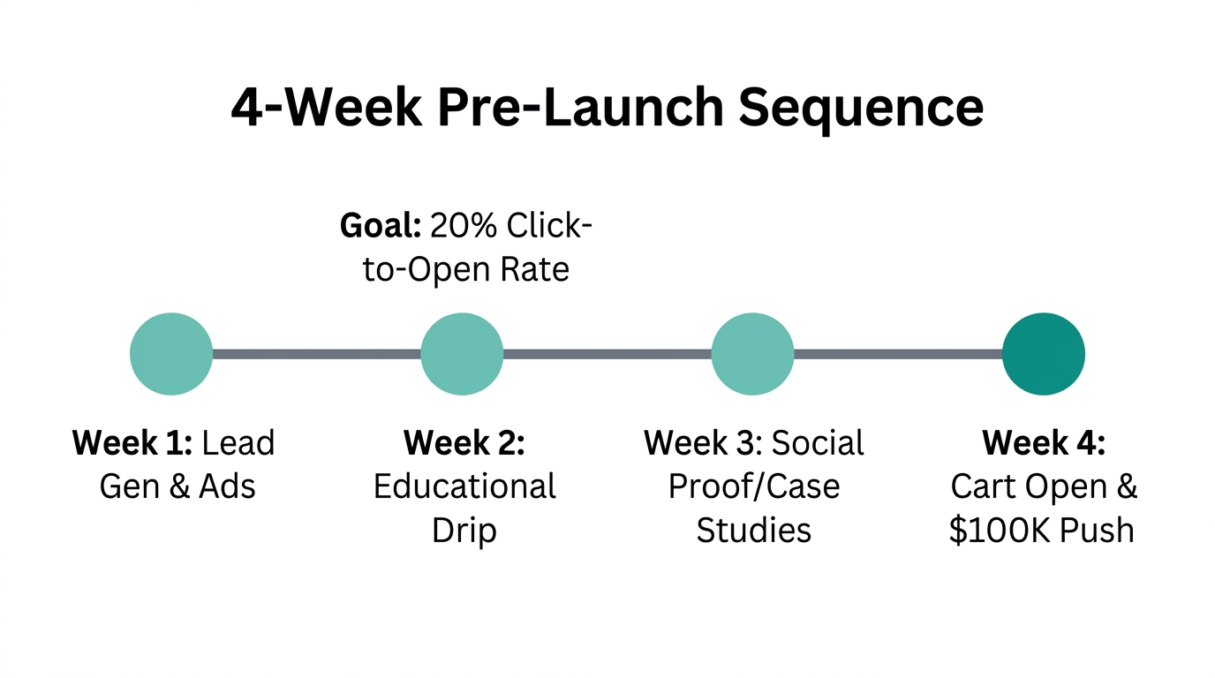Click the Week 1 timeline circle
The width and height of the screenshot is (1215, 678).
pyautogui.click(x=171, y=354)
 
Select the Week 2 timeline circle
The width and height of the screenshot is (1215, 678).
pyautogui.click(x=462, y=354)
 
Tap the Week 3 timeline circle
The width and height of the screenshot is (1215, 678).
pyautogui.click(x=752, y=354)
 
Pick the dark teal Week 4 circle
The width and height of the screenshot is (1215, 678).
pyautogui.click(x=1043, y=354)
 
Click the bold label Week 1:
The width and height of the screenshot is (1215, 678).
pyautogui.click(x=132, y=442)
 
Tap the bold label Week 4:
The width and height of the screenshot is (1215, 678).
pyautogui.click(x=1043, y=442)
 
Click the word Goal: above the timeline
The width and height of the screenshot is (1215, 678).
pyautogui.click(x=381, y=226)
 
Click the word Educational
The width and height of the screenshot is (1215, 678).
pyautogui.click(x=464, y=486)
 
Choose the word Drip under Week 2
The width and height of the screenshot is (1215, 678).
pyautogui.click(x=464, y=531)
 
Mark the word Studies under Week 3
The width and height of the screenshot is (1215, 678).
pyautogui.click(x=753, y=531)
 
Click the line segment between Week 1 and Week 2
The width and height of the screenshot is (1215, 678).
pyautogui.click(x=316, y=354)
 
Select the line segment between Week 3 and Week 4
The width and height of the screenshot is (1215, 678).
pyautogui.click(x=897, y=354)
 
